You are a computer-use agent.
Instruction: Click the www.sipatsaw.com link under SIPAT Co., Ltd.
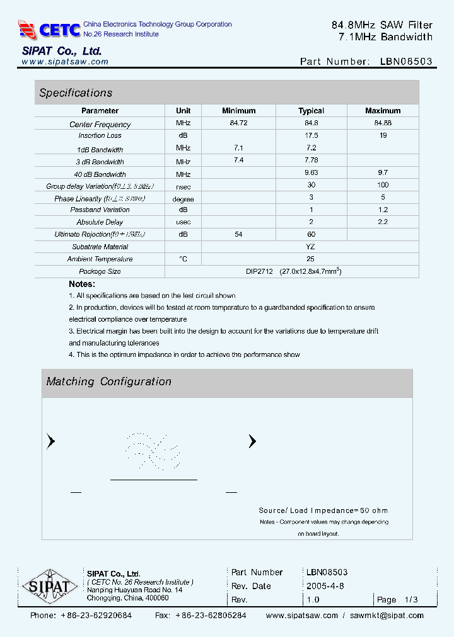(x=65, y=62)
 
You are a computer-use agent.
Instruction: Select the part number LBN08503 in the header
(x=406, y=62)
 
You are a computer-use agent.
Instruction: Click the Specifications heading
(x=76, y=93)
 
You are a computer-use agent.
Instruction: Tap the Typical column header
(x=311, y=111)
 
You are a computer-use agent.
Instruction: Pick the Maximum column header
(x=383, y=111)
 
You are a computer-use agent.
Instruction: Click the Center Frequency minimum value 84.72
(x=238, y=123)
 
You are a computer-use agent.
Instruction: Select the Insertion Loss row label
(x=100, y=136)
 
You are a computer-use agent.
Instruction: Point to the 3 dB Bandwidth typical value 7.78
(x=311, y=161)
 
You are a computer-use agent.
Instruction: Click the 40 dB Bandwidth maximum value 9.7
(x=382, y=172)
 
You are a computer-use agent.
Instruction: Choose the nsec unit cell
(x=183, y=186)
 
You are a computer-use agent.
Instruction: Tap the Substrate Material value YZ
(x=310, y=247)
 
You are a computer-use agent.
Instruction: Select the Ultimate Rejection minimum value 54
(x=238, y=234)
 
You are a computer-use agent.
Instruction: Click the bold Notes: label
(x=82, y=284)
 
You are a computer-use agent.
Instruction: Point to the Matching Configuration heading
(x=108, y=381)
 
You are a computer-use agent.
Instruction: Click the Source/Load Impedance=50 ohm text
(x=323, y=510)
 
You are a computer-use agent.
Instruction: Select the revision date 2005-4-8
(x=325, y=586)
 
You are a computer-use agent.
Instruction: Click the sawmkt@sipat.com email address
(x=387, y=616)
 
